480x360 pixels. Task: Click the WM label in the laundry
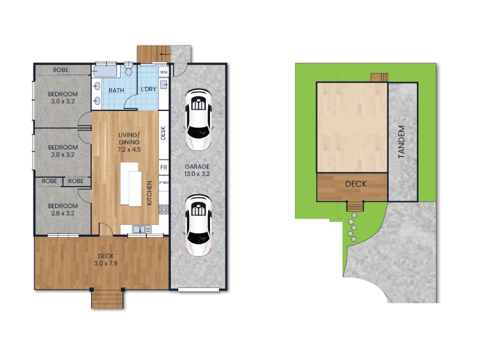(164, 72)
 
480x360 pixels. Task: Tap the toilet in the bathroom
(128, 69)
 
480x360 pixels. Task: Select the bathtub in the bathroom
(105, 71)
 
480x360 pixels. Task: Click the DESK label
(163, 133)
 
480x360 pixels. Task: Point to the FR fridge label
(164, 167)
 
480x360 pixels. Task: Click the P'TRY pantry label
(164, 183)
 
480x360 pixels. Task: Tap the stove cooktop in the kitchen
(164, 209)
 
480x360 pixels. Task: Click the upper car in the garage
(199, 119)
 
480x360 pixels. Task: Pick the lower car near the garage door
(199, 226)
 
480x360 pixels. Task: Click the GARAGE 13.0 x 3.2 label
(197, 170)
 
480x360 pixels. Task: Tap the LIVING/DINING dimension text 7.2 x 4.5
(129, 149)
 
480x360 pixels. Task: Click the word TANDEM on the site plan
(401, 142)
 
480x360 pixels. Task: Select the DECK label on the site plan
(356, 184)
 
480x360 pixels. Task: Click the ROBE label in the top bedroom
(61, 70)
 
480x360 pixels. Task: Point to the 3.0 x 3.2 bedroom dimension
(63, 101)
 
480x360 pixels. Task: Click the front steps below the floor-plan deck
(107, 299)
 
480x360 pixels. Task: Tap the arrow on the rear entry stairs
(165, 55)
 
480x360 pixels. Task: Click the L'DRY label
(148, 89)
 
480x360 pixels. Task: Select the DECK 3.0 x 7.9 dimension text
(106, 263)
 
